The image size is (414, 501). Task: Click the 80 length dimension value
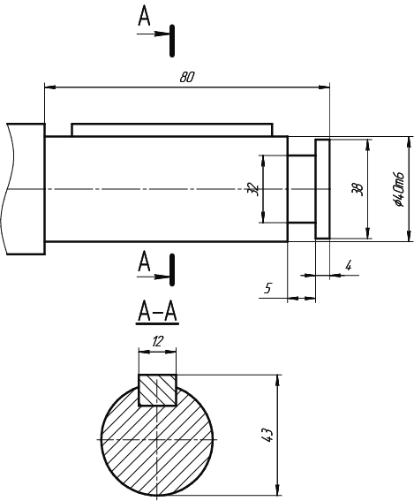coord(187,78)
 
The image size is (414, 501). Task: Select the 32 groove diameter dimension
coord(252,189)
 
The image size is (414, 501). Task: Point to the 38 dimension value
coord(358,189)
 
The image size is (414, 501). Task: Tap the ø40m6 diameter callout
coord(399,189)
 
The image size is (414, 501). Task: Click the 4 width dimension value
coord(349,265)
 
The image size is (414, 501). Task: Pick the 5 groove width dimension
coord(267,288)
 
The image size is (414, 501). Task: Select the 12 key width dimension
coord(157,342)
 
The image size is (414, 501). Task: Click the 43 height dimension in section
coord(267,435)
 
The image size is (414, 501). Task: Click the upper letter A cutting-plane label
coord(144,16)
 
